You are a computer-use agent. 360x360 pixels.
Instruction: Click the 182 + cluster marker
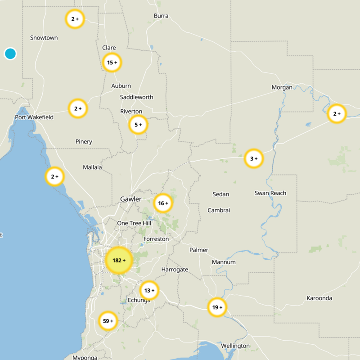point(119,261)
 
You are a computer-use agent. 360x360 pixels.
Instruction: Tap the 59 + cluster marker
point(108,321)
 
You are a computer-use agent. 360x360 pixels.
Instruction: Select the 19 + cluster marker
point(217,307)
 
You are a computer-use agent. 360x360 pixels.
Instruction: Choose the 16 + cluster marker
point(163,203)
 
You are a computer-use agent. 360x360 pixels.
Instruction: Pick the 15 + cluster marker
point(112,63)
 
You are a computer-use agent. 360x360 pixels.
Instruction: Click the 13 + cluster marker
point(149,290)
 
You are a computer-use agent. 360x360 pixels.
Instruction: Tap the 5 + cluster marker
point(138,125)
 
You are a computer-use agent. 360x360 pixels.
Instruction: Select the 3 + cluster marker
point(254,158)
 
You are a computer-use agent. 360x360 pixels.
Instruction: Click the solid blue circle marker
point(10,54)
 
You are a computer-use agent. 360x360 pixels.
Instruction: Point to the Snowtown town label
point(44,38)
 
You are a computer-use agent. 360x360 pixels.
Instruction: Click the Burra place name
point(161,16)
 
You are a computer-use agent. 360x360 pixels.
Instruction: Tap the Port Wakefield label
point(34,117)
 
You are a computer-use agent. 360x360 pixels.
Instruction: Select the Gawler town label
point(131,199)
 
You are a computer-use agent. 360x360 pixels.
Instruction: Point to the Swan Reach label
point(270,193)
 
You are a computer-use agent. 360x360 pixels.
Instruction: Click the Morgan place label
point(282,87)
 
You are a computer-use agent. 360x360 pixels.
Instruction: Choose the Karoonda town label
point(319,298)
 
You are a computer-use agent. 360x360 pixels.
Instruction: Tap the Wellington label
point(235,346)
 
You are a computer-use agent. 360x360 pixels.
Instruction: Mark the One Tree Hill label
point(134,223)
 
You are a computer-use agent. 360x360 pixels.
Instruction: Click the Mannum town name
point(224,261)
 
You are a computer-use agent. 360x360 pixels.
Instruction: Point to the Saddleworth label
point(137,97)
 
